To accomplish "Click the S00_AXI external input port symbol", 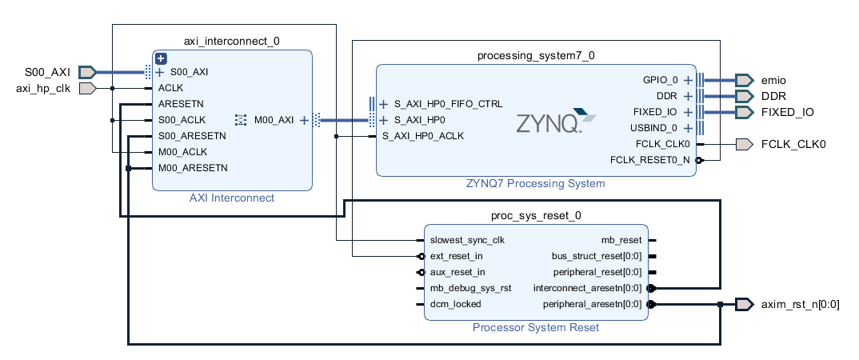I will tap(88, 72).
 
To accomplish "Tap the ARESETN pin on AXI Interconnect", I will tap(181, 104).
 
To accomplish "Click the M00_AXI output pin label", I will tap(274, 120).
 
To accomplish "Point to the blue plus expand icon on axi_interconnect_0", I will tap(161, 58).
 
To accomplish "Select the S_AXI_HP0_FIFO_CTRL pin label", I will tap(448, 104).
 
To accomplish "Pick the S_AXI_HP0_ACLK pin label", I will tap(422, 136).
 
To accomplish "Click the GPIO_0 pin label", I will tap(660, 80).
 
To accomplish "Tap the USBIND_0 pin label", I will tap(654, 128).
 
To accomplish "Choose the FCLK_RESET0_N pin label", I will tap(650, 160).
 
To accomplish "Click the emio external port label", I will tap(773, 80).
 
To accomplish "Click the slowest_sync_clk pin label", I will tap(467, 240).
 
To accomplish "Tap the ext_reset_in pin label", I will tap(456, 256).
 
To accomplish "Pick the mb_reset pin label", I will tap(621, 240).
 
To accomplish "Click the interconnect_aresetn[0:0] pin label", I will tap(588, 288).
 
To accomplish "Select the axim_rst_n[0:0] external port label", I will tap(800, 304).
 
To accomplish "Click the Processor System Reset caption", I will tap(535, 327).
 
